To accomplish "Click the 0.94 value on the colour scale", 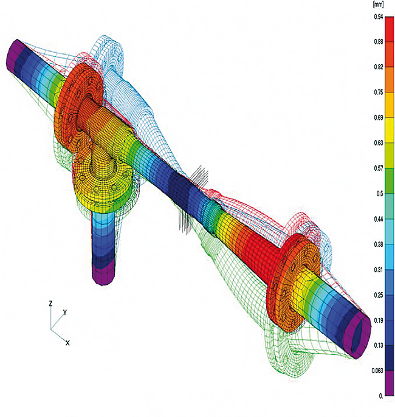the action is (x=379, y=17).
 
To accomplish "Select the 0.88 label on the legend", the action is (x=379, y=42).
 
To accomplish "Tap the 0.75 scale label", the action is (x=379, y=92).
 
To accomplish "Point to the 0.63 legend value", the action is (x=379, y=143).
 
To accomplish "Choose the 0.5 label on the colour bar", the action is (x=380, y=193).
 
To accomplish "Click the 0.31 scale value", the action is (x=379, y=270).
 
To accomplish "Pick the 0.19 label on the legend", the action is (x=379, y=321).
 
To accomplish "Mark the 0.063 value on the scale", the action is (x=377, y=371).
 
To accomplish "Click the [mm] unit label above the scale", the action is (x=378, y=4).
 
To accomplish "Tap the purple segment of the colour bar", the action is (x=390, y=383).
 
